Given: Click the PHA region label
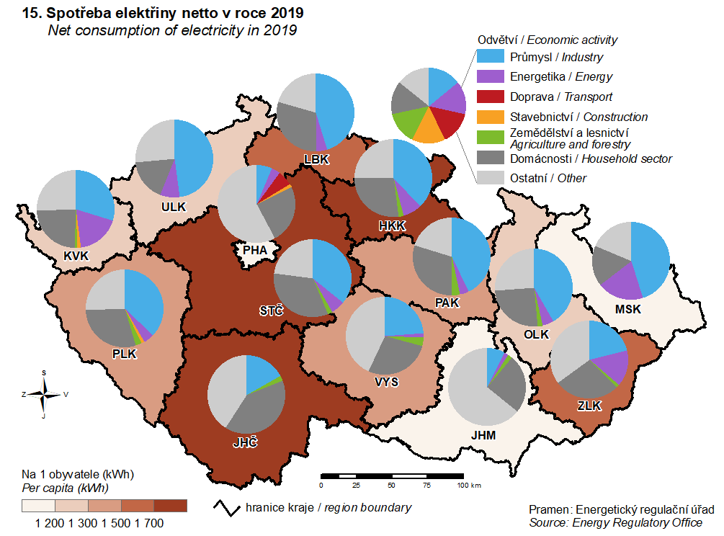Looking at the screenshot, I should pyautogui.click(x=255, y=250).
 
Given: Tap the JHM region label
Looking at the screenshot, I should pyautogui.click(x=483, y=435).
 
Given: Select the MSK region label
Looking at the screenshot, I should pyautogui.click(x=628, y=309).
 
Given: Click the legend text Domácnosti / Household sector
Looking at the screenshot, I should pyautogui.click(x=591, y=158).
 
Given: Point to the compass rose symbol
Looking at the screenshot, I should pyautogui.click(x=45, y=393).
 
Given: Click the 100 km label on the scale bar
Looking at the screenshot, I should pyautogui.click(x=469, y=485).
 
